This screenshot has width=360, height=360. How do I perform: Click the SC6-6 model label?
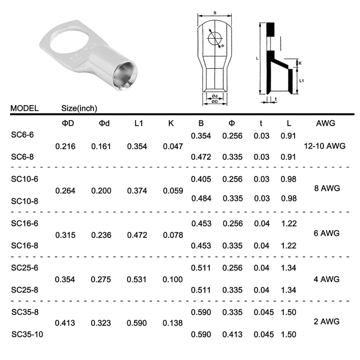tap(22, 134)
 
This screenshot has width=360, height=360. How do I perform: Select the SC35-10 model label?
tap(27, 334)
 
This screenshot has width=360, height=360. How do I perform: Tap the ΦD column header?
tap(67, 123)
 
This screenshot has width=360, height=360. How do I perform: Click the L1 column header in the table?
tap(139, 123)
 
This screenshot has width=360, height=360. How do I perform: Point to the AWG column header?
tap(326, 123)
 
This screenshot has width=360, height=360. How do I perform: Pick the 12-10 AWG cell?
tap(325, 146)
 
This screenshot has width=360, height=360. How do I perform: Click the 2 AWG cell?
tap(326, 321)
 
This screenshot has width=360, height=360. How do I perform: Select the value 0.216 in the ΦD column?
tap(65, 146)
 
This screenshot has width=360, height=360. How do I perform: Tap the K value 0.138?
tap(173, 323)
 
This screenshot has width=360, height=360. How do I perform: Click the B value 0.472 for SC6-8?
tap(201, 157)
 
